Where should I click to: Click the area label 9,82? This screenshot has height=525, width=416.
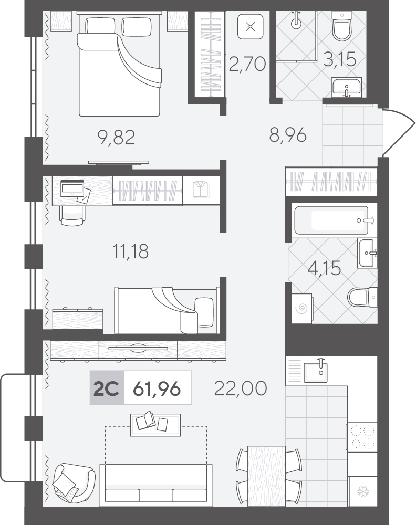coord(117,137)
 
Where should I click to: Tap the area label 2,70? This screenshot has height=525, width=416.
coord(247,64)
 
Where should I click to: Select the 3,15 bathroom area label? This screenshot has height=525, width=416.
coord(339,59)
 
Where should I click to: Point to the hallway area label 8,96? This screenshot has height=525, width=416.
coord(288,135)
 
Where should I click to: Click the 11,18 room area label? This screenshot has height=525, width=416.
coord(130,251)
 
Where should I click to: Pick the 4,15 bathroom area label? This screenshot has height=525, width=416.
coord(324,268)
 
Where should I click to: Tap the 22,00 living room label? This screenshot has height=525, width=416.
coord(241,388)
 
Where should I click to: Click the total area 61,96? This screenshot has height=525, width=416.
coord(157,389)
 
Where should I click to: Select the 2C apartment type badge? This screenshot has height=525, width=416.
coord(107,388)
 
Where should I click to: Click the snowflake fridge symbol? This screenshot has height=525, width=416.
coord(363,492)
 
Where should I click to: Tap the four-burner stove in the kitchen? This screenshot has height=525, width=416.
coord(362,437)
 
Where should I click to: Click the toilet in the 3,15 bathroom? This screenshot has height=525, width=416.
coord(342,26)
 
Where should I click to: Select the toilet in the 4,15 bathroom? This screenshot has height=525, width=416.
coord(362,297)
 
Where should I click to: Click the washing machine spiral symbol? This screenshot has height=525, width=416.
coord(301,307)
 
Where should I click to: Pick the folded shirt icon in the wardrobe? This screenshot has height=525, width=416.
coord(201,190)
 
